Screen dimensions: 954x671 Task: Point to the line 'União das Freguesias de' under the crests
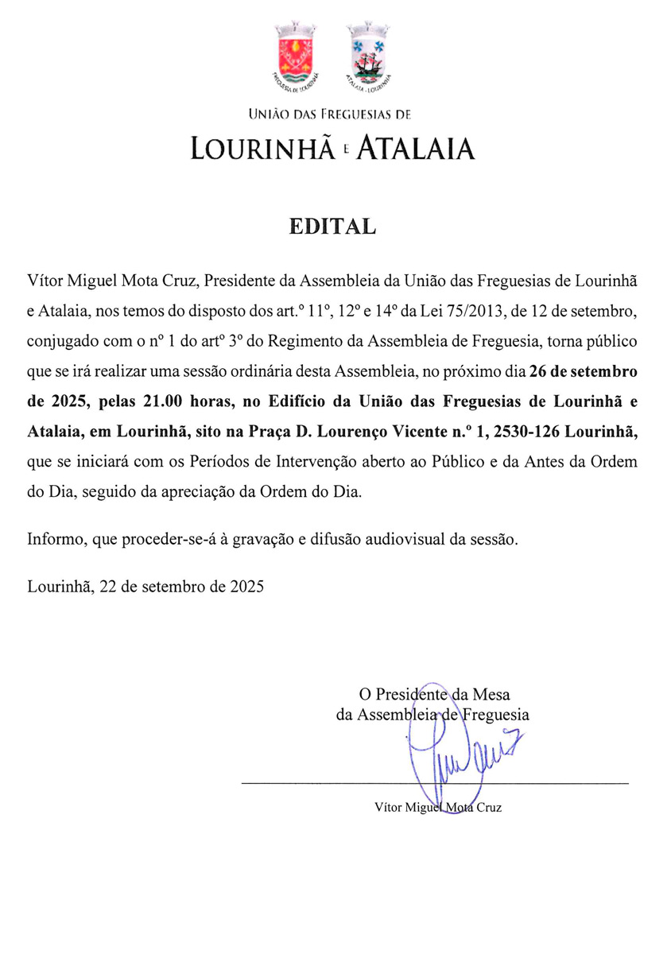point(330,115)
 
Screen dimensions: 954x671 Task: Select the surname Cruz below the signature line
point(489,808)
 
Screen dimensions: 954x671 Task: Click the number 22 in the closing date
point(107,588)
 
